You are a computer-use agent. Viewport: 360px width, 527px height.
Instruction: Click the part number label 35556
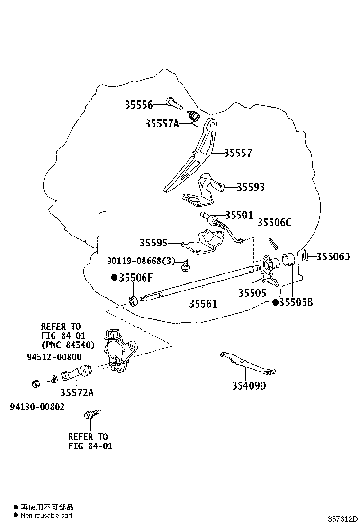click(x=139, y=105)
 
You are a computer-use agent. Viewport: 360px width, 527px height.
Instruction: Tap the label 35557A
click(x=162, y=124)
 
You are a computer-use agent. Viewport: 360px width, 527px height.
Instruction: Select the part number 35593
click(x=251, y=187)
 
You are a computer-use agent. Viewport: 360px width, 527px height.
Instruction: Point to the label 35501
click(x=239, y=215)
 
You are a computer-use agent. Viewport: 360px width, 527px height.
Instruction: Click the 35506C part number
click(x=274, y=222)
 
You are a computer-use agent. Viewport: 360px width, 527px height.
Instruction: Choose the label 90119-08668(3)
click(x=141, y=261)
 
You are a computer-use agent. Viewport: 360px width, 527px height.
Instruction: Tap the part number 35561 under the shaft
click(x=203, y=303)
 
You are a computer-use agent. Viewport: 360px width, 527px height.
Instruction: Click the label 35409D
click(x=249, y=385)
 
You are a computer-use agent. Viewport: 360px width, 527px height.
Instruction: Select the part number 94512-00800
click(x=54, y=357)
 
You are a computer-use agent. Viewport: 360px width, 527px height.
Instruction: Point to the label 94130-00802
click(x=37, y=407)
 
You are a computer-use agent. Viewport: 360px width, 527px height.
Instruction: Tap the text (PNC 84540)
click(x=68, y=345)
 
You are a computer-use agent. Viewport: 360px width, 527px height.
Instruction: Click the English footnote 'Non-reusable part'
click(x=46, y=515)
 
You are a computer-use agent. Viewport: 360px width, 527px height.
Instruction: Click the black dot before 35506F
click(x=115, y=277)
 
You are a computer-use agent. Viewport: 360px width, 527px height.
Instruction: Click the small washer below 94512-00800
click(x=54, y=380)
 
